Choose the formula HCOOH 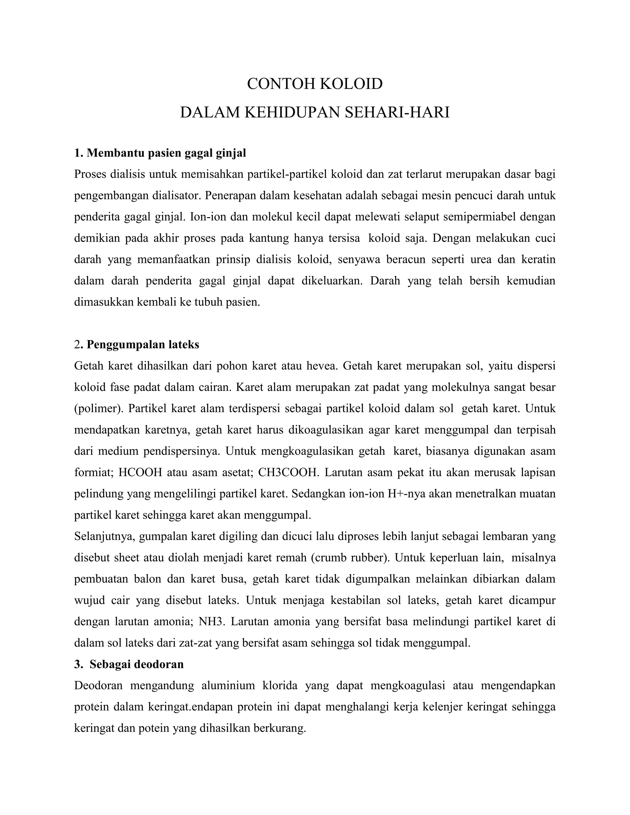pyautogui.click(x=140, y=472)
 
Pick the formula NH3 pyautogui.click(x=212, y=622)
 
